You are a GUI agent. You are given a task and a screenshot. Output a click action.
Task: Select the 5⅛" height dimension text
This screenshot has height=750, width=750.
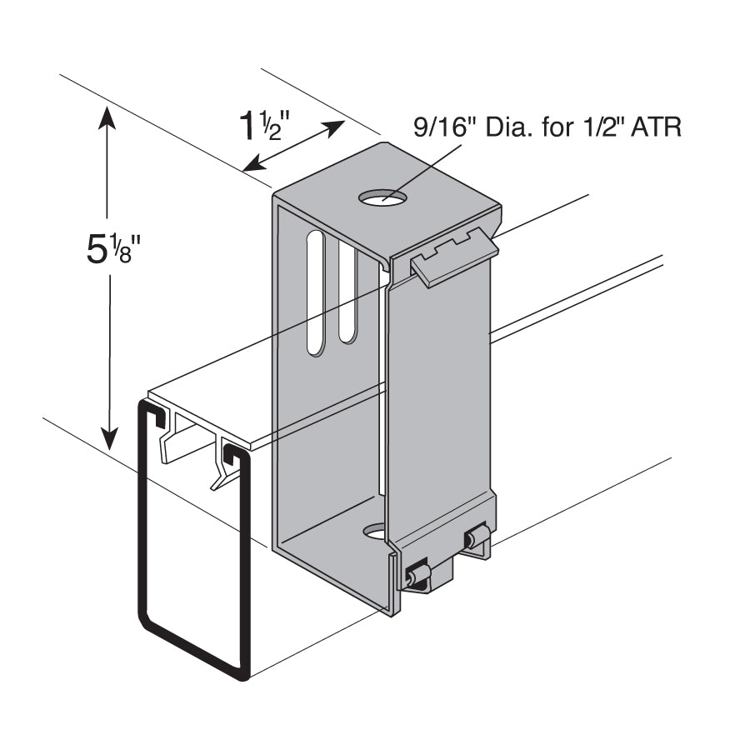tap(111, 247)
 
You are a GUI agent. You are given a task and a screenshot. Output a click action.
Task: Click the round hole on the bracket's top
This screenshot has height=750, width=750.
tap(383, 197)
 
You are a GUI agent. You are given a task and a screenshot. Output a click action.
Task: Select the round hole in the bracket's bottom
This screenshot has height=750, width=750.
tap(376, 531)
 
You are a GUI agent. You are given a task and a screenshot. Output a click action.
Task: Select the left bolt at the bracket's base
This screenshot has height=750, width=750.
tap(416, 575)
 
